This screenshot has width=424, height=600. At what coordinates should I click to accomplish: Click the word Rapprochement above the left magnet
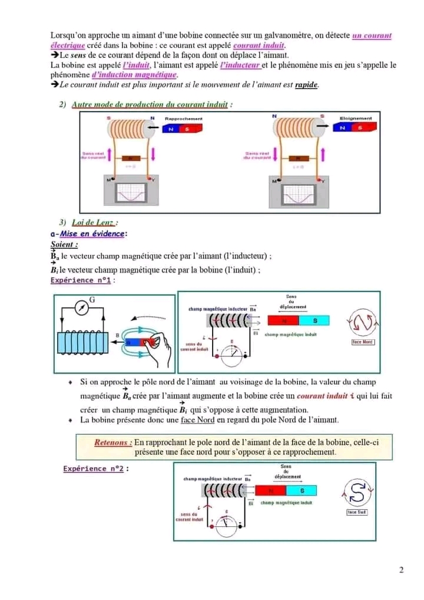[183, 119]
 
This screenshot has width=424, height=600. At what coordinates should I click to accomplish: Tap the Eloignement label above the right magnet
[356, 119]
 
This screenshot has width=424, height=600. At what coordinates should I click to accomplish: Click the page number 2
[401, 569]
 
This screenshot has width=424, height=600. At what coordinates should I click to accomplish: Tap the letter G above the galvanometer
[92, 300]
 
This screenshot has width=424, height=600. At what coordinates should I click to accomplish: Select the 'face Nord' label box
[363, 342]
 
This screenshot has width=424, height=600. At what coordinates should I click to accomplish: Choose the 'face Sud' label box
[357, 512]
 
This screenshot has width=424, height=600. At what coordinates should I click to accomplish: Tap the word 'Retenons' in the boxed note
[113, 442]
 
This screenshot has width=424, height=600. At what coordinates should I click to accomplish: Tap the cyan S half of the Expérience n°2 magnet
[302, 490]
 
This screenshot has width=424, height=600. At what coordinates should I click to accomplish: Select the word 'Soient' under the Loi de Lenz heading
[64, 244]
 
